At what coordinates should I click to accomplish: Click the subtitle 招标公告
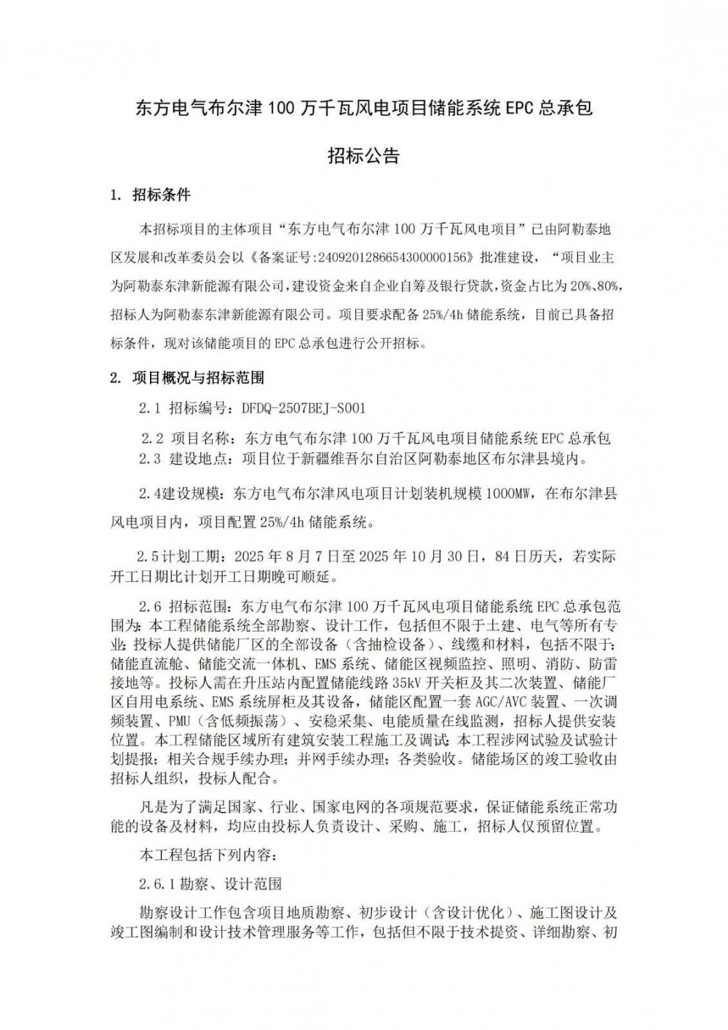point(363,156)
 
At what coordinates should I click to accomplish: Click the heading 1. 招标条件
point(150,195)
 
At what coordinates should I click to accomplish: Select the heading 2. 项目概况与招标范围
point(186,377)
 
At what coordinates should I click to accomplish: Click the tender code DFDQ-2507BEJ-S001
point(304,409)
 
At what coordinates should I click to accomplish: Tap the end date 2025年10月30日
point(428,557)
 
